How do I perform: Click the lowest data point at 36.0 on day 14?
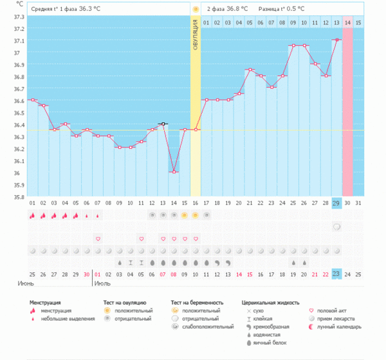click(174, 172)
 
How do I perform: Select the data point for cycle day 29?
click(336, 40)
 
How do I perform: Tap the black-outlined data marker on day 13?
click(163, 124)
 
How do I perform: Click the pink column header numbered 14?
click(347, 23)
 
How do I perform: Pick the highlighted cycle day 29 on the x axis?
click(336, 204)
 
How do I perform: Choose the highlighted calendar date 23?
click(336, 274)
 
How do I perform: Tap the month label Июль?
click(104, 283)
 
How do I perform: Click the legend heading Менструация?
click(46, 302)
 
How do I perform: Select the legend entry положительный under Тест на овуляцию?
click(133, 310)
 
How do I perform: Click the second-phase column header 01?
click(207, 23)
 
